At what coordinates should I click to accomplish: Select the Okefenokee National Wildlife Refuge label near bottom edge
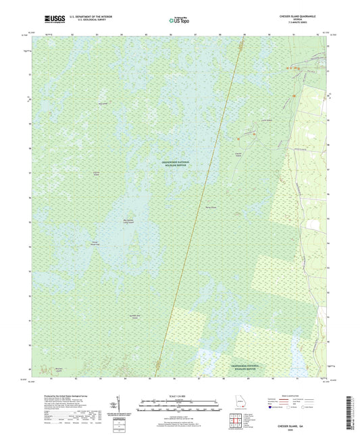pos(237,365)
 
